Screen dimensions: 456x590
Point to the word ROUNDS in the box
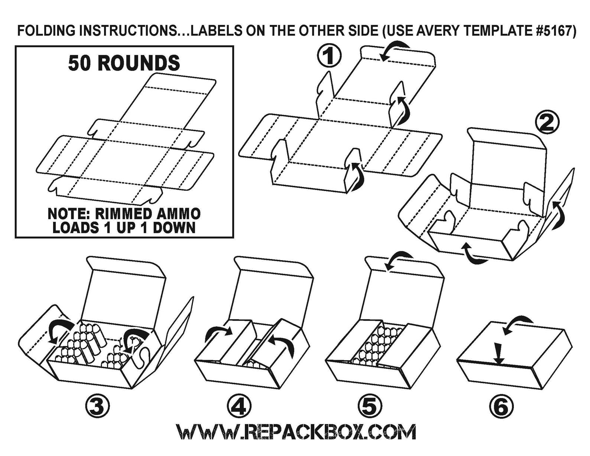(x=139, y=63)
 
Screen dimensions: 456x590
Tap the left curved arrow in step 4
(x=217, y=333)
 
